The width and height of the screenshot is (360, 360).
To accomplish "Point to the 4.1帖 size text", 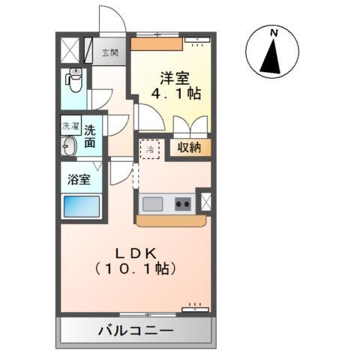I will (177, 95).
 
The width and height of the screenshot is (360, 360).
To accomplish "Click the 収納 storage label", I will (190, 148).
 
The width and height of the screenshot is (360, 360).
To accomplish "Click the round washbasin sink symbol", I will (69, 146).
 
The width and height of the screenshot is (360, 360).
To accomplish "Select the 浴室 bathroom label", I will (79, 180).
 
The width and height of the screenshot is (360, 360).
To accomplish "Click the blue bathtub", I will (80, 205).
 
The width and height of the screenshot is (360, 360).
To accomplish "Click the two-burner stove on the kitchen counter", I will (182, 203).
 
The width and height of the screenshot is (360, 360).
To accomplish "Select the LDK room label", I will (135, 252).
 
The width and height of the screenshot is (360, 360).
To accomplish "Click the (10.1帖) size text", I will (135, 268).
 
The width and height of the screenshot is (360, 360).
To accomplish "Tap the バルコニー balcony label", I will (135, 330).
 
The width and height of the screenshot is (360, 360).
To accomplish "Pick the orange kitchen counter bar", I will (170, 221).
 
